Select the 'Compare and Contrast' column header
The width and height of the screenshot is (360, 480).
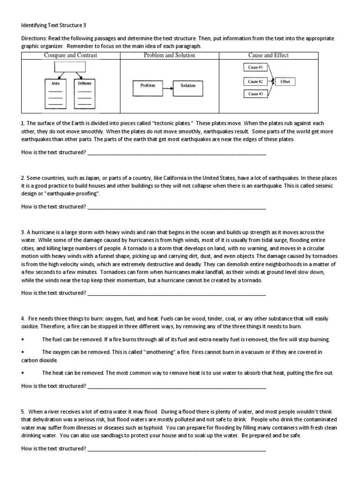point(70,55)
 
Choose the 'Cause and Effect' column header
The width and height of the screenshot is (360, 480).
point(268,55)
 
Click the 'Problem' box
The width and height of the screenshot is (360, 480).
point(148,85)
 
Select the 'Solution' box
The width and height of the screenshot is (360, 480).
point(188,85)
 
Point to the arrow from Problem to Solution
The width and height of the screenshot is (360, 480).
point(168,85)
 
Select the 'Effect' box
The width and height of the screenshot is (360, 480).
point(285,82)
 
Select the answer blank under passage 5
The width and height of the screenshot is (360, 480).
point(177,449)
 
